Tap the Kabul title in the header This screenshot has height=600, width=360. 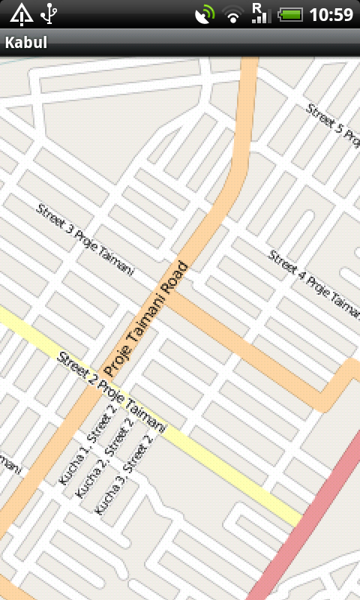click(x=26, y=43)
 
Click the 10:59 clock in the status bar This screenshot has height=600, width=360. click(x=331, y=14)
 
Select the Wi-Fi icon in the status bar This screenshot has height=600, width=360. click(x=234, y=14)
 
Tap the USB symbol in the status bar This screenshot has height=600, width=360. click(x=49, y=13)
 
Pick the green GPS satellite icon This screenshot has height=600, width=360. click(x=204, y=14)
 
